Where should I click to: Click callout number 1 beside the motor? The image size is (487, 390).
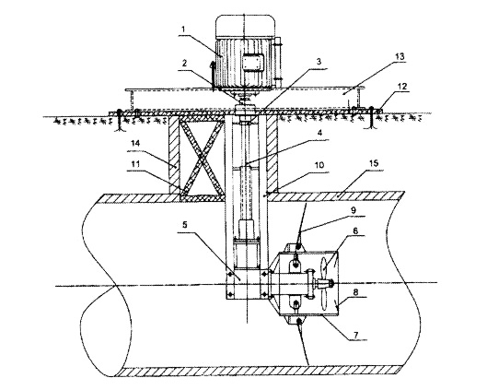click(183, 30)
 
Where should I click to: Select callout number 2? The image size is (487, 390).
click(184, 64)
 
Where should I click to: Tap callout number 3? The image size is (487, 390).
click(319, 61)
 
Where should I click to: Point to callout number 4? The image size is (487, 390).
click(319, 133)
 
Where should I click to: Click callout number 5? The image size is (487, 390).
click(185, 225)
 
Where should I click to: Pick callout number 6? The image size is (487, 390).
click(355, 230)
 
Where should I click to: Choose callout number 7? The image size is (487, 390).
click(356, 335)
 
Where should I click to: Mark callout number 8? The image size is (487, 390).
click(355, 292)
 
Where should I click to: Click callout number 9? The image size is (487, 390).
click(354, 210)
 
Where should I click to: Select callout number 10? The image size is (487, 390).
click(320, 165)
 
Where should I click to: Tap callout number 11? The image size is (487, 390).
click(135, 165)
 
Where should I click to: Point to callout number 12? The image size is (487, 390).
click(402, 86)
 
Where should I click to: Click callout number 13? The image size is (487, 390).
click(400, 56)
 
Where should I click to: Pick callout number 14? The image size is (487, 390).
click(135, 144)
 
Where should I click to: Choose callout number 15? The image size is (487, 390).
click(375, 163)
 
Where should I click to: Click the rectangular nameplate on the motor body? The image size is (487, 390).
click(253, 62)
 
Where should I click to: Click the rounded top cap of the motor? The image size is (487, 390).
click(246, 27)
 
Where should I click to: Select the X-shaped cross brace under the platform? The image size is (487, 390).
click(202, 157)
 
